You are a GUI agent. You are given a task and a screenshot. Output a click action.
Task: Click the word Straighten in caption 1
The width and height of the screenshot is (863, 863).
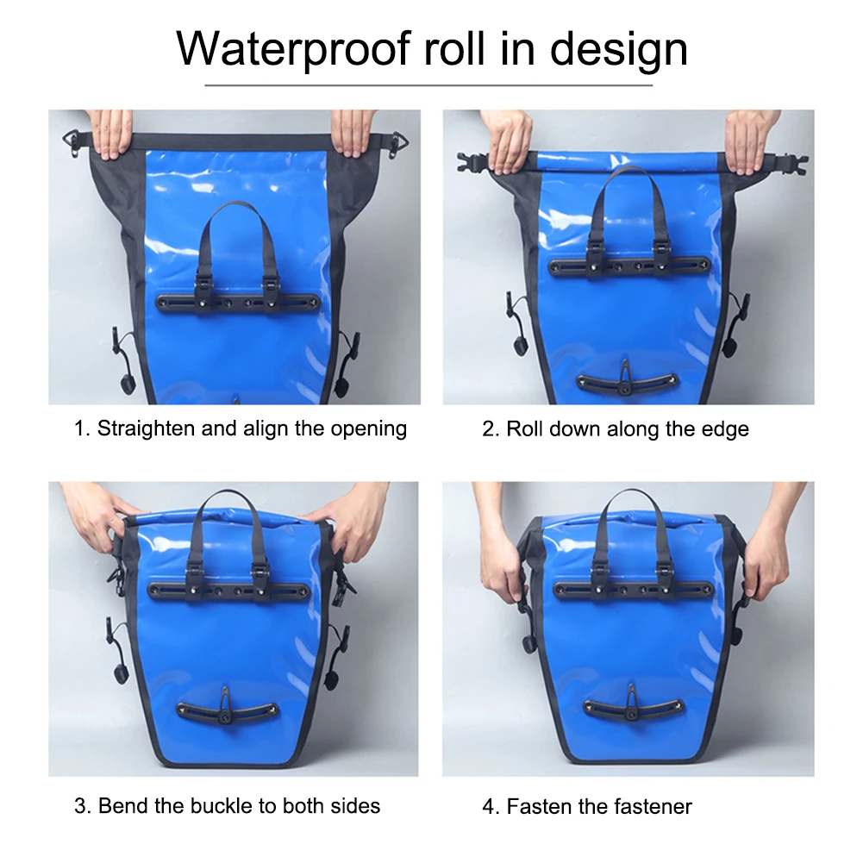[x=146, y=428]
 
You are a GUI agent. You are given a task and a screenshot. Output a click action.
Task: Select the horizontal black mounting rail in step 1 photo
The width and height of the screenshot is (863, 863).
[x=238, y=303]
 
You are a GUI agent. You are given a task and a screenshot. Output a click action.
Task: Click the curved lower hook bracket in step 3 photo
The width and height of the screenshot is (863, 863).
[x=226, y=709]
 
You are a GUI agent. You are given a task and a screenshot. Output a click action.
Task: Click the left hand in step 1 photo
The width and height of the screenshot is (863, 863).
[x=110, y=133]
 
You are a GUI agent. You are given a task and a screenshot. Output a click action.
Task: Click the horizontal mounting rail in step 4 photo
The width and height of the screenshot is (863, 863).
[x=632, y=590]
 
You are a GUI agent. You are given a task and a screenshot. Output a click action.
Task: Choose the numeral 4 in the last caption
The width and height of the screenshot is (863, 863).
[x=489, y=806]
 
